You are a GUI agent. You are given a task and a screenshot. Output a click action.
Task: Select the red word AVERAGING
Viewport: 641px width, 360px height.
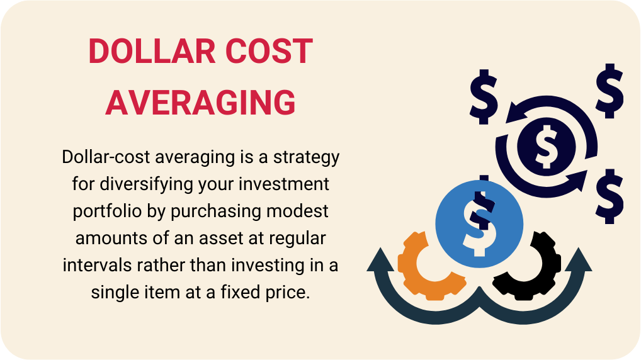[200, 102]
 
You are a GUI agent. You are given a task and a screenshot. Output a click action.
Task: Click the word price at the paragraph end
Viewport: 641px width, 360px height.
[290, 292]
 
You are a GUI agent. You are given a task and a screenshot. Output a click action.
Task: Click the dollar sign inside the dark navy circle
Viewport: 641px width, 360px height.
[545, 144]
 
